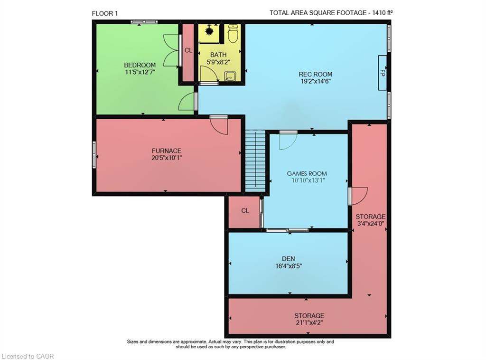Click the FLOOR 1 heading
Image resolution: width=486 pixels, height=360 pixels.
(x=105, y=13)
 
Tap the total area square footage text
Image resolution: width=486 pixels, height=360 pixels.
(x=331, y=13)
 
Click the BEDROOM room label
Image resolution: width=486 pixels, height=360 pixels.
(x=140, y=65)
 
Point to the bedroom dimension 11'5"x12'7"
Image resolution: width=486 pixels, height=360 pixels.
(x=140, y=72)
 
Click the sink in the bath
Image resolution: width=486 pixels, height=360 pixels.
(x=230, y=76)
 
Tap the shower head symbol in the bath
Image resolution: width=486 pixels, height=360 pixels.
(x=208, y=32)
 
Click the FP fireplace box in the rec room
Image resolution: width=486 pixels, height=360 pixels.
(x=382, y=73)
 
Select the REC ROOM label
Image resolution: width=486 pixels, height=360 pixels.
(x=315, y=74)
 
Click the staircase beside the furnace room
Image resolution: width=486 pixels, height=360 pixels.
(x=255, y=161)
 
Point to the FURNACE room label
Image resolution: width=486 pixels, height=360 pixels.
(x=166, y=151)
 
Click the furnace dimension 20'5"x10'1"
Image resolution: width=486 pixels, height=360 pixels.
(x=166, y=158)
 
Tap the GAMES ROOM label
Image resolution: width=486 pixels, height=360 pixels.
(x=307, y=173)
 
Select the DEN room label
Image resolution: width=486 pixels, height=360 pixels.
(x=288, y=259)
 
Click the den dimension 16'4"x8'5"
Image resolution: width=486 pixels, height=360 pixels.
(x=288, y=266)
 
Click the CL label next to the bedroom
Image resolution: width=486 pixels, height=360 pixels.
(x=188, y=50)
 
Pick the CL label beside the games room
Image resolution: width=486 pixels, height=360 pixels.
(x=245, y=211)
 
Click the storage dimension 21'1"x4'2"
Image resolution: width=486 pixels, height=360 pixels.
(x=309, y=323)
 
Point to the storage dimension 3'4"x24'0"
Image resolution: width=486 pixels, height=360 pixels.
(x=371, y=224)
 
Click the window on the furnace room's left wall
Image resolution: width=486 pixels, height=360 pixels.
(x=94, y=155)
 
